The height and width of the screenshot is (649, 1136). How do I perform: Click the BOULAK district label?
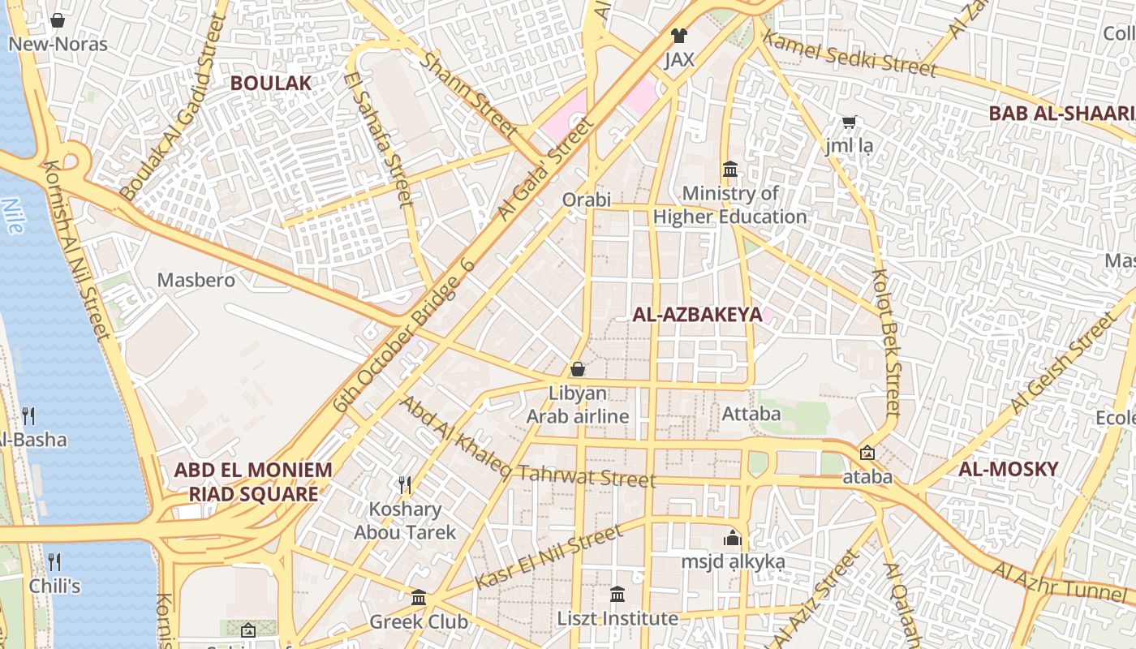(271, 83)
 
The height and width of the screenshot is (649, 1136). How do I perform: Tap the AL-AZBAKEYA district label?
(697, 315)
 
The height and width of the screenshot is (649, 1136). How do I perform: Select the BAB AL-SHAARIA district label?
(1061, 114)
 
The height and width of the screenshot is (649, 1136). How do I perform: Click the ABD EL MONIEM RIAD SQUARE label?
(253, 482)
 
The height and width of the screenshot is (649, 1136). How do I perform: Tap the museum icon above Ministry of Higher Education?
(730, 170)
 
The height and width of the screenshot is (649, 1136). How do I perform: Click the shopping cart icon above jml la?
(849, 123)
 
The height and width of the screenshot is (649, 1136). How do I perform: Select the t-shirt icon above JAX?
(679, 36)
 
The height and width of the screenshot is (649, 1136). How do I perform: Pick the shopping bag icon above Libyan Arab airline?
(578, 370)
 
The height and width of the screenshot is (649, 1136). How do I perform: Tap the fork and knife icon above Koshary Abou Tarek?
(405, 485)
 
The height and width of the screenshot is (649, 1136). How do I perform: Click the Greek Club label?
(419, 622)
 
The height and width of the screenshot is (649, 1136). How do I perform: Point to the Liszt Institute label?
(617, 619)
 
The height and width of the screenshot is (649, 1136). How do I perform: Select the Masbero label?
(196, 281)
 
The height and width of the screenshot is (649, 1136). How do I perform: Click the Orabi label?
(587, 200)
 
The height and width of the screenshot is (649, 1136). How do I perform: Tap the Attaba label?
(751, 414)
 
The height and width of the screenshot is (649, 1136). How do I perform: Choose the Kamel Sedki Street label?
(850, 54)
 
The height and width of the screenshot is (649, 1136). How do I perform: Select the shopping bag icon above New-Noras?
(58, 20)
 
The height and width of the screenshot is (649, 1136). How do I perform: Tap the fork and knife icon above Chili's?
(54, 561)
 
